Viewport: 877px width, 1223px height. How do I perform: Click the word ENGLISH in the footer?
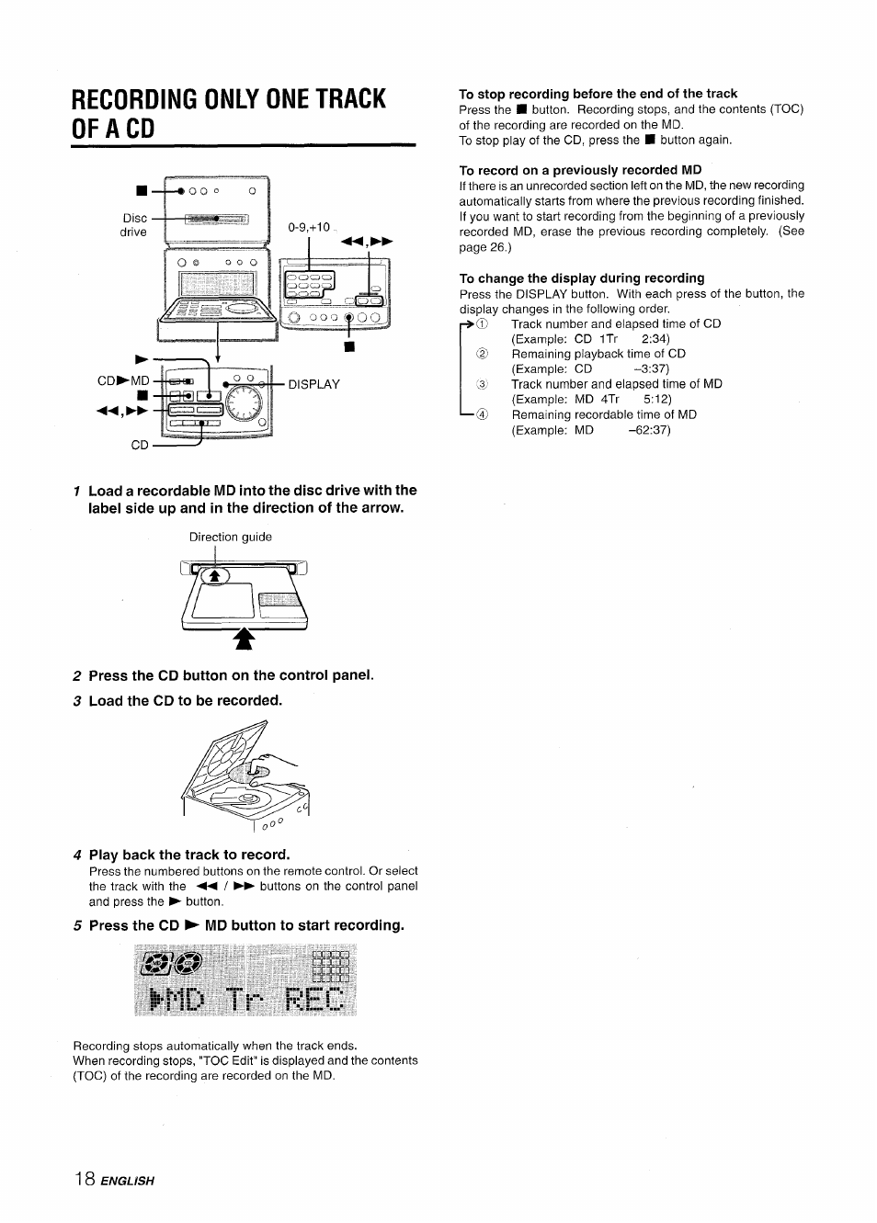[x=130, y=1206]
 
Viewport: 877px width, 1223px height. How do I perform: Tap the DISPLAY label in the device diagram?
[x=313, y=384]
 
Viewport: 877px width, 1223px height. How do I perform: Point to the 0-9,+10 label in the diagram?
[x=309, y=226]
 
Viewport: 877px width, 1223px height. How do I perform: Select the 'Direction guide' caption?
[x=230, y=538]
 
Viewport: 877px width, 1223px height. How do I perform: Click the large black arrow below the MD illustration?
[x=243, y=639]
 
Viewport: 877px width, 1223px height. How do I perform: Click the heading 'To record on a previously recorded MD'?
[x=580, y=170]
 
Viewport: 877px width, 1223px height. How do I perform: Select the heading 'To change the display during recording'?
[x=582, y=278]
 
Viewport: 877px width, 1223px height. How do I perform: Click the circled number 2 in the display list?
[x=481, y=355]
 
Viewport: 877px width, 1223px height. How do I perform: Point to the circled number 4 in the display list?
[x=481, y=415]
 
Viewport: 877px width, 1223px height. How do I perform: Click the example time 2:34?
[x=655, y=339]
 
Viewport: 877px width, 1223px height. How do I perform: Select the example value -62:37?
[x=649, y=430]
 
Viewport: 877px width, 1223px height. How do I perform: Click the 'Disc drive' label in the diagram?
[x=134, y=225]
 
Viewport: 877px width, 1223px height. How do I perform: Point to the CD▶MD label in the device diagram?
[x=123, y=380]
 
